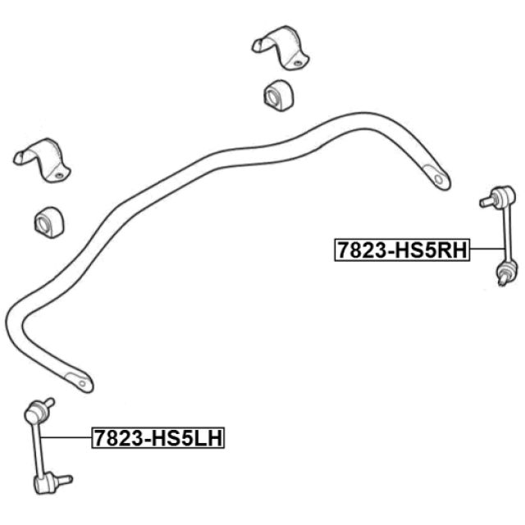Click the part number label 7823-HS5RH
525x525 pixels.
tap(402, 249)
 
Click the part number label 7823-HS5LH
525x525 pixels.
tap(158, 437)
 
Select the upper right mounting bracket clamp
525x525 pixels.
tap(281, 48)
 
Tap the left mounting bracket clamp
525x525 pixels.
tap(42, 160)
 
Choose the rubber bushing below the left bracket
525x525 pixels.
tap(49, 222)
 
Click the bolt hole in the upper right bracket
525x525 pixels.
tap(297, 62)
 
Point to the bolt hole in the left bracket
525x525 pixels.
tap(58, 175)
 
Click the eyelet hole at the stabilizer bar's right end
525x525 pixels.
tap(439, 180)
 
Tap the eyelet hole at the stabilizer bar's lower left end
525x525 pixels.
tap(82, 384)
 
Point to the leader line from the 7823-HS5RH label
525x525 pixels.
tap(487, 249)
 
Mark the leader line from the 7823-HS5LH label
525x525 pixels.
tap(66, 437)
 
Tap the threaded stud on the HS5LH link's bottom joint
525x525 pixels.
tap(64, 480)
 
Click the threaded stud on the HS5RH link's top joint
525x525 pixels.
tap(486, 202)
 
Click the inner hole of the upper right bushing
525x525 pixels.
tap(272, 97)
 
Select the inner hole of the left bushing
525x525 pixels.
tap(43, 224)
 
